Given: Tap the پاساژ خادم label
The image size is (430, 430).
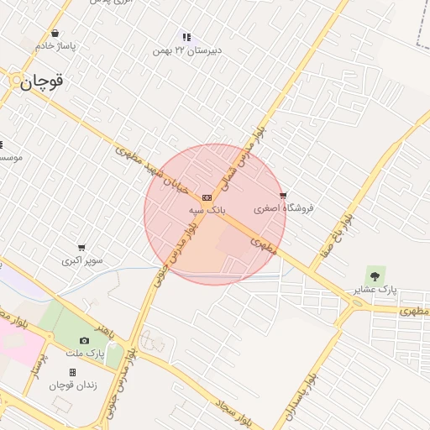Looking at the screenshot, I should click(x=55, y=46).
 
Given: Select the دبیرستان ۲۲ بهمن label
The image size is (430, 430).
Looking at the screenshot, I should click(x=186, y=50).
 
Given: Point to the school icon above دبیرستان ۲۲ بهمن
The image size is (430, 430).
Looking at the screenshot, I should click(x=186, y=38).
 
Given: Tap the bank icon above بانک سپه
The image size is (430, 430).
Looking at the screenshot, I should click(x=207, y=197).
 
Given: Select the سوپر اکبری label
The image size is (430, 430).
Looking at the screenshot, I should click(x=82, y=260).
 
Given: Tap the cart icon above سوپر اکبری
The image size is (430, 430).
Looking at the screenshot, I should click(x=81, y=248).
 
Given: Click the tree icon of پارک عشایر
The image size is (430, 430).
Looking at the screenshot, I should click(x=374, y=275).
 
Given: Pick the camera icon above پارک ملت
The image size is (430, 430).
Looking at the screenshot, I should click(x=84, y=340).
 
